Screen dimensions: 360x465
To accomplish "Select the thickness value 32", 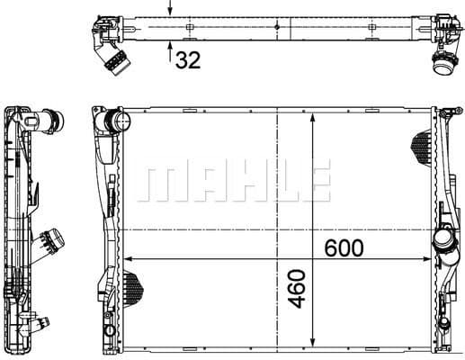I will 189,60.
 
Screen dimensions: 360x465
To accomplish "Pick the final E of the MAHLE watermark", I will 314,184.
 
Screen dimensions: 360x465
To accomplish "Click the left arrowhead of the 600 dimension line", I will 126,259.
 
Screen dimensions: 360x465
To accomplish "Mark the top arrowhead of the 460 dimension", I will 311,118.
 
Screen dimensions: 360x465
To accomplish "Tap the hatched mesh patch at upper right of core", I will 421,142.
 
